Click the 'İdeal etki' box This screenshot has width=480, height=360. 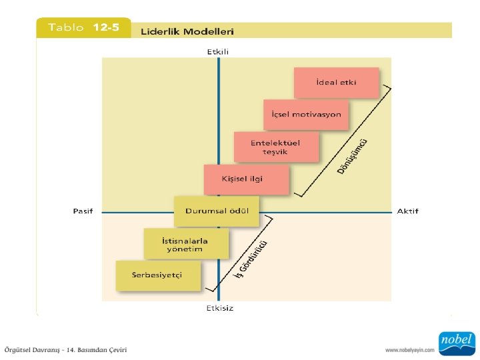coord(337,83)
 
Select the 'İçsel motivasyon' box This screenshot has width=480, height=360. coord(306,115)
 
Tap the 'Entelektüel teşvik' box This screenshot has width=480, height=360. coord(276,147)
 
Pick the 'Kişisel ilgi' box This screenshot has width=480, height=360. coord(247,179)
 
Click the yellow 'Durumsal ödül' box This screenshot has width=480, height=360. coord(216,211)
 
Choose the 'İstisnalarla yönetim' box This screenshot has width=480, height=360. coord(185,244)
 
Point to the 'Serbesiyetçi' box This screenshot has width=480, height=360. coord(157,275)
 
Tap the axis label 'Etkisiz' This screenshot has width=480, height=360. coord(219,308)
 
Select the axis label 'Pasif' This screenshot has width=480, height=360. coord(83,211)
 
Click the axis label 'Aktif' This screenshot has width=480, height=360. coord(407,211)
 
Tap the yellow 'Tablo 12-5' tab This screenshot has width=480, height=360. coord(83,28)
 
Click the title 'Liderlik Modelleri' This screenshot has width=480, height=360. coord(187,31)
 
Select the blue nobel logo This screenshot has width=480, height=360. coord(456,343)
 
